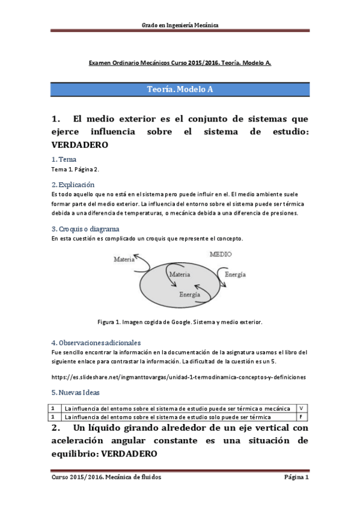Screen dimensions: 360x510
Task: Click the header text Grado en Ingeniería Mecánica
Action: pyautogui.click(x=180, y=25)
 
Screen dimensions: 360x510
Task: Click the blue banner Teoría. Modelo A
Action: pyautogui.click(x=180, y=89)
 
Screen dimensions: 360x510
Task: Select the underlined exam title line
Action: pyautogui.click(x=180, y=63)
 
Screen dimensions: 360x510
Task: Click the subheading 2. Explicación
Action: pyautogui.click(x=73, y=185)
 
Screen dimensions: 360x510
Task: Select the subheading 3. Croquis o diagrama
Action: pyautogui.click(x=85, y=229)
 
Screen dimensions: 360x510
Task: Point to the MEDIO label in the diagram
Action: pyautogui.click(x=221, y=255)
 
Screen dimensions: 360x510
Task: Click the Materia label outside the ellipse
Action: pyautogui.click(x=123, y=259)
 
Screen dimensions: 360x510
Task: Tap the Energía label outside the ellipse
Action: pyautogui.click(x=234, y=274)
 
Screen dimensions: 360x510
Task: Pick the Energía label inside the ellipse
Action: pyautogui.click(x=190, y=295)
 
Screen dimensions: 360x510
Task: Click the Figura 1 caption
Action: pyautogui.click(x=180, y=322)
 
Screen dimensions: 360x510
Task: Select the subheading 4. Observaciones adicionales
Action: pyautogui.click(x=96, y=342)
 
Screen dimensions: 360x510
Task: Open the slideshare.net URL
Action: pyautogui.click(x=179, y=377)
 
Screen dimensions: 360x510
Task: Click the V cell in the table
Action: pyautogui.click(x=301, y=408)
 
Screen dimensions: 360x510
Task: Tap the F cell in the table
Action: pyautogui.click(x=301, y=417)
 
